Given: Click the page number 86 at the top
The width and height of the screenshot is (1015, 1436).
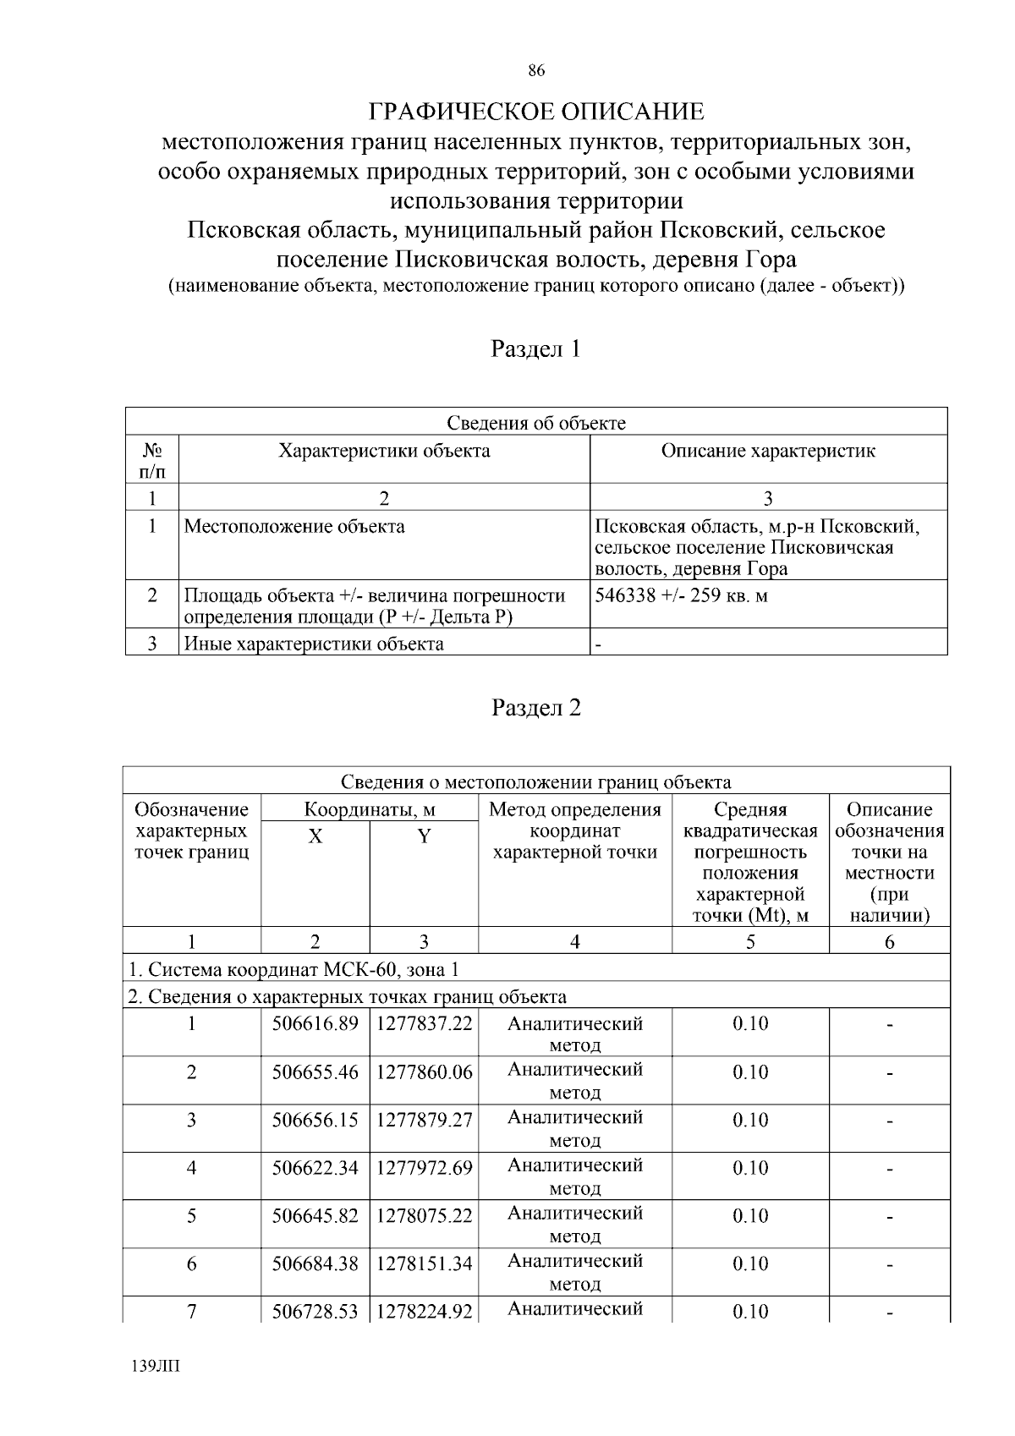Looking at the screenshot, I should [x=535, y=71].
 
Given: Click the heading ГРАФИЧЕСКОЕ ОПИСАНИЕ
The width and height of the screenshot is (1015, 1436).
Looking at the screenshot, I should [x=536, y=112].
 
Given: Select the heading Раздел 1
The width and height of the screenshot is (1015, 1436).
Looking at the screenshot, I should [x=536, y=348].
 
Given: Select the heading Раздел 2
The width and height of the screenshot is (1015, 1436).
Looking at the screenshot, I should [x=536, y=708].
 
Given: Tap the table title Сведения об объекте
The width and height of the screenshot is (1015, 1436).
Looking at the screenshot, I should [x=536, y=423].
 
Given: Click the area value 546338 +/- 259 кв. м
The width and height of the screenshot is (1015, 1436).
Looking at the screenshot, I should [x=681, y=595].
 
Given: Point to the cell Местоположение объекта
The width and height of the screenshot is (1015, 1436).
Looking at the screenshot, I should [x=294, y=527].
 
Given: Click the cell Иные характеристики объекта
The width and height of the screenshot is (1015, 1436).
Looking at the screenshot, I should [x=314, y=644].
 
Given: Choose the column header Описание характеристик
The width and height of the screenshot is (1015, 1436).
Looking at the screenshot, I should [x=768, y=451].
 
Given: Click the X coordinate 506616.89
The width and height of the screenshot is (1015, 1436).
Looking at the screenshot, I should [x=315, y=1024].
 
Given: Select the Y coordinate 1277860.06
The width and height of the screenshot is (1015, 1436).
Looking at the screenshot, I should [x=424, y=1072].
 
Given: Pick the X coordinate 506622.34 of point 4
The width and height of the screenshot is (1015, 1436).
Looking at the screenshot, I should [x=315, y=1168].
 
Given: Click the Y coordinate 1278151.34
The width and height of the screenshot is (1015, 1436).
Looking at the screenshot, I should [x=424, y=1264].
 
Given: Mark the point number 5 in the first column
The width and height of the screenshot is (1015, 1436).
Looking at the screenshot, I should [x=192, y=1216].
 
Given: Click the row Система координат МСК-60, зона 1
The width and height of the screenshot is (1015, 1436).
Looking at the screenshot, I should [x=293, y=969].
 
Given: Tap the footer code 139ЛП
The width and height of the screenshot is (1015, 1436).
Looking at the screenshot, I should [x=156, y=1367].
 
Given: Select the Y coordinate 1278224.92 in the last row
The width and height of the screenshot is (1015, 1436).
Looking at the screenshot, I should [x=424, y=1312].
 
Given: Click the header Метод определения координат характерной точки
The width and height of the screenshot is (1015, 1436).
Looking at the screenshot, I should [x=575, y=831].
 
